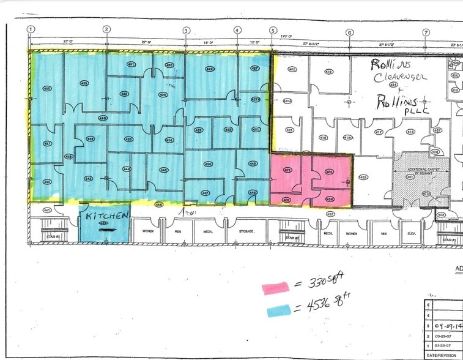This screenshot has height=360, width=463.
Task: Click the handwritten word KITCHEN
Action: (107, 216)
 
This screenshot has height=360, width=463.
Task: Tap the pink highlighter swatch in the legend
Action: (276, 287)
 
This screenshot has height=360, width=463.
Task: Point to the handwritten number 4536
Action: (317, 304)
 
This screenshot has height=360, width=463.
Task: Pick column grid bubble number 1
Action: (31, 29)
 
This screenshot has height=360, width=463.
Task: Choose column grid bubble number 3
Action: (186, 30)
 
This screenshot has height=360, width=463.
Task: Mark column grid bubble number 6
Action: (349, 32)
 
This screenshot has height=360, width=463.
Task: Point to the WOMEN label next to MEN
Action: (149, 231)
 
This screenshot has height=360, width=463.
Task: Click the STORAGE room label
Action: (246, 231)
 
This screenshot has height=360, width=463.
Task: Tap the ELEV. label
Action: (411, 233)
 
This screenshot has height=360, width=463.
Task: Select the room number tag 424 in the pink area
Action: (329, 171)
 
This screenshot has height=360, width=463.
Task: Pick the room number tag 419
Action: (328, 72)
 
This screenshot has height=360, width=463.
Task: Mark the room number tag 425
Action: (363, 178)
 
